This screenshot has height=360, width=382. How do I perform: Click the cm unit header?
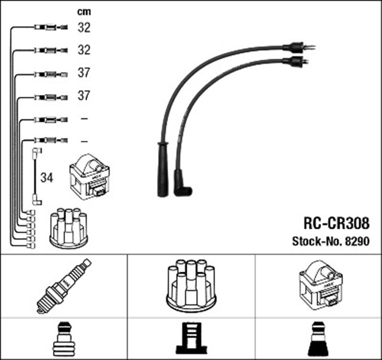click(84, 11)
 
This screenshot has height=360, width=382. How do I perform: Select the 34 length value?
click(47, 177)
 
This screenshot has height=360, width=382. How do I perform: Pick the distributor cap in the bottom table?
click(191, 285)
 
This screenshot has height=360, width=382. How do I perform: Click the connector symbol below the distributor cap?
click(190, 340)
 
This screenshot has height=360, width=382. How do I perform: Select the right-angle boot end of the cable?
click(181, 183)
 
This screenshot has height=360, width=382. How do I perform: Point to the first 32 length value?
click(84, 27)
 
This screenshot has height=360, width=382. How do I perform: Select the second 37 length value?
click(84, 96)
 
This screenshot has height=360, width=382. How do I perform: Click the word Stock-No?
click(315, 242)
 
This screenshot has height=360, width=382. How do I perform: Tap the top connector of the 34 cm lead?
click(36, 153)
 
